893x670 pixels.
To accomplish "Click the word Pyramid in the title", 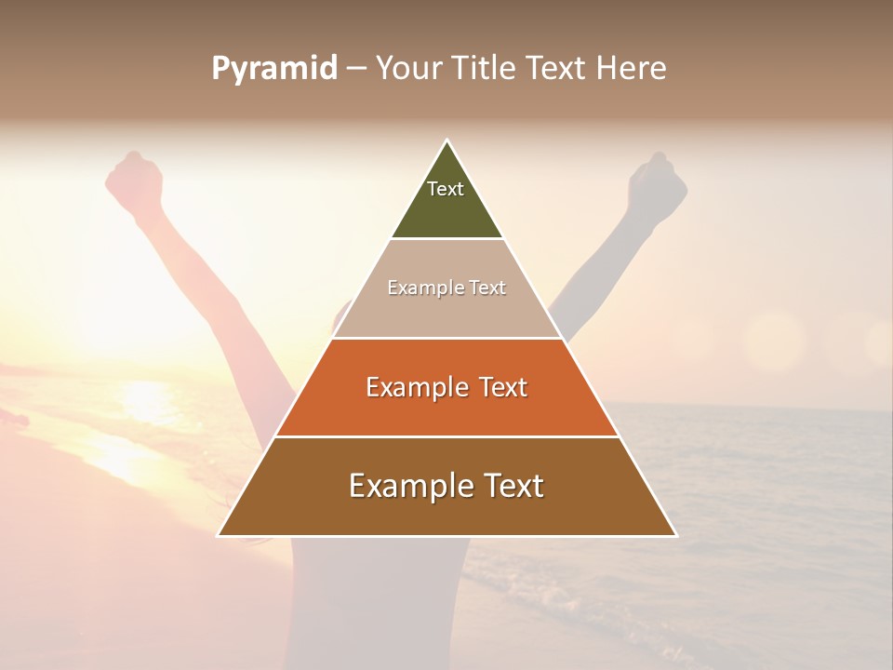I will point(274,69).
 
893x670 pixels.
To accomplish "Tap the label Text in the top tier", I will point(446,189).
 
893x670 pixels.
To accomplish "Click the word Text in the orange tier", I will point(503,387).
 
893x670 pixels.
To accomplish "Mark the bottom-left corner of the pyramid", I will point(219,536).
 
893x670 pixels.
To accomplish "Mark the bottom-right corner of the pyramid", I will point(676,536).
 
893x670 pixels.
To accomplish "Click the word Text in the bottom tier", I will point(511,486).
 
